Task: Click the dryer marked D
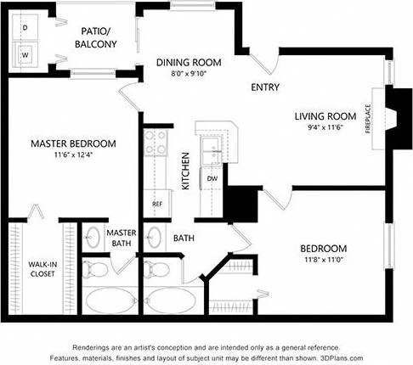point(25,27)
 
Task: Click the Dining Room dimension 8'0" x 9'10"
point(188,73)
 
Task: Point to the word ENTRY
point(264,87)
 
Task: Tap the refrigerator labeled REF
point(156,204)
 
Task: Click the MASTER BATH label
point(121,239)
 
